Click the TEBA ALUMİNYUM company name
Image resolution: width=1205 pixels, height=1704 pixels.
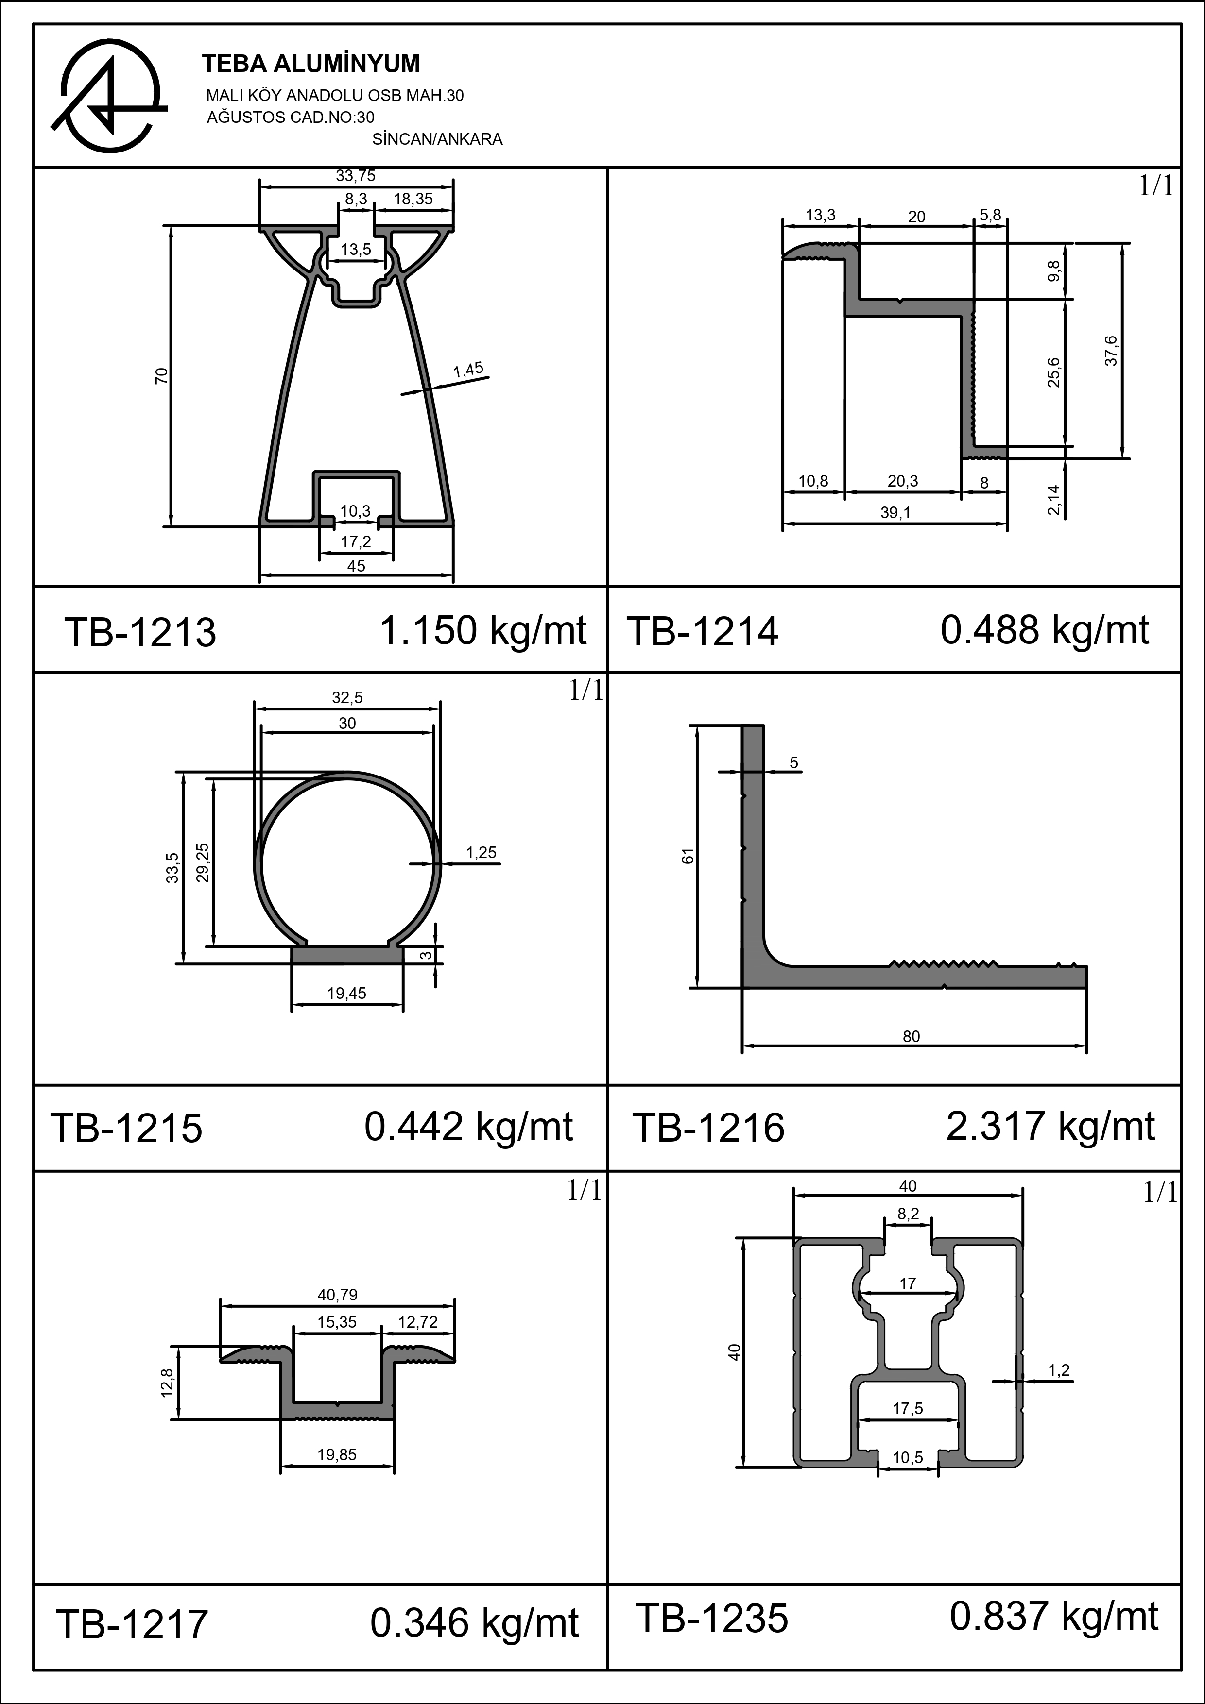tap(310, 65)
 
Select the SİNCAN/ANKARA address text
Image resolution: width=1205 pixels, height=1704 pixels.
tap(437, 139)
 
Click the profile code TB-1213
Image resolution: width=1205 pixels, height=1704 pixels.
tap(140, 632)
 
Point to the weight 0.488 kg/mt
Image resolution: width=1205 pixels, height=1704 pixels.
tap(1045, 630)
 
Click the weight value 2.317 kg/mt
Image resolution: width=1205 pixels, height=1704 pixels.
tap(1050, 1126)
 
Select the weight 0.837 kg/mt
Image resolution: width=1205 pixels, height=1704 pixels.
tap(1053, 1617)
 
